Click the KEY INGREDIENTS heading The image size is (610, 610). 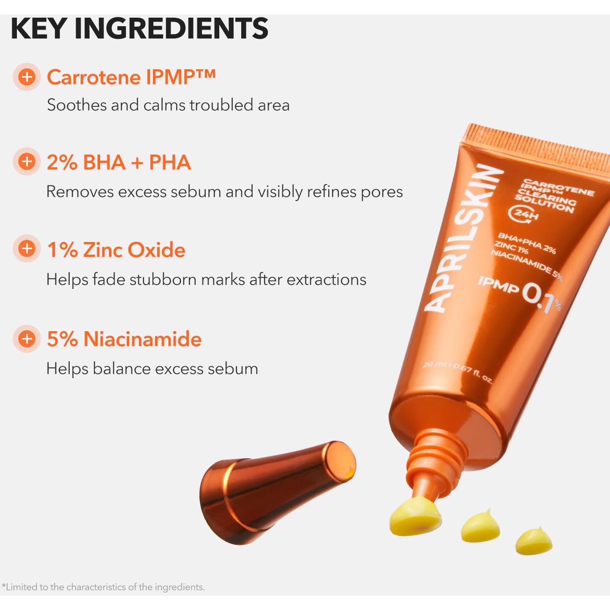[139, 28]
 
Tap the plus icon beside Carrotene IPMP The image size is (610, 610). [27, 77]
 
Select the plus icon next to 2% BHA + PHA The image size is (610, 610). [27, 161]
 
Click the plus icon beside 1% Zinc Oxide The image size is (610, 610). [27, 248]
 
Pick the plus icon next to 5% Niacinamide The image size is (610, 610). [27, 338]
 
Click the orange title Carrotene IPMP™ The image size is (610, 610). [131, 77]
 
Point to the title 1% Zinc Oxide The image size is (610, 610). [116, 250]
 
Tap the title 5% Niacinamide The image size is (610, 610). [124, 339]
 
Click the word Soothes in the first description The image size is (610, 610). [76, 105]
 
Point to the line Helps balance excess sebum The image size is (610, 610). [152, 369]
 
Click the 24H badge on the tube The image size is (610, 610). [524, 214]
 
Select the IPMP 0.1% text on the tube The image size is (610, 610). [520, 291]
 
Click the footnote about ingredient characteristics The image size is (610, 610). [103, 587]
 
